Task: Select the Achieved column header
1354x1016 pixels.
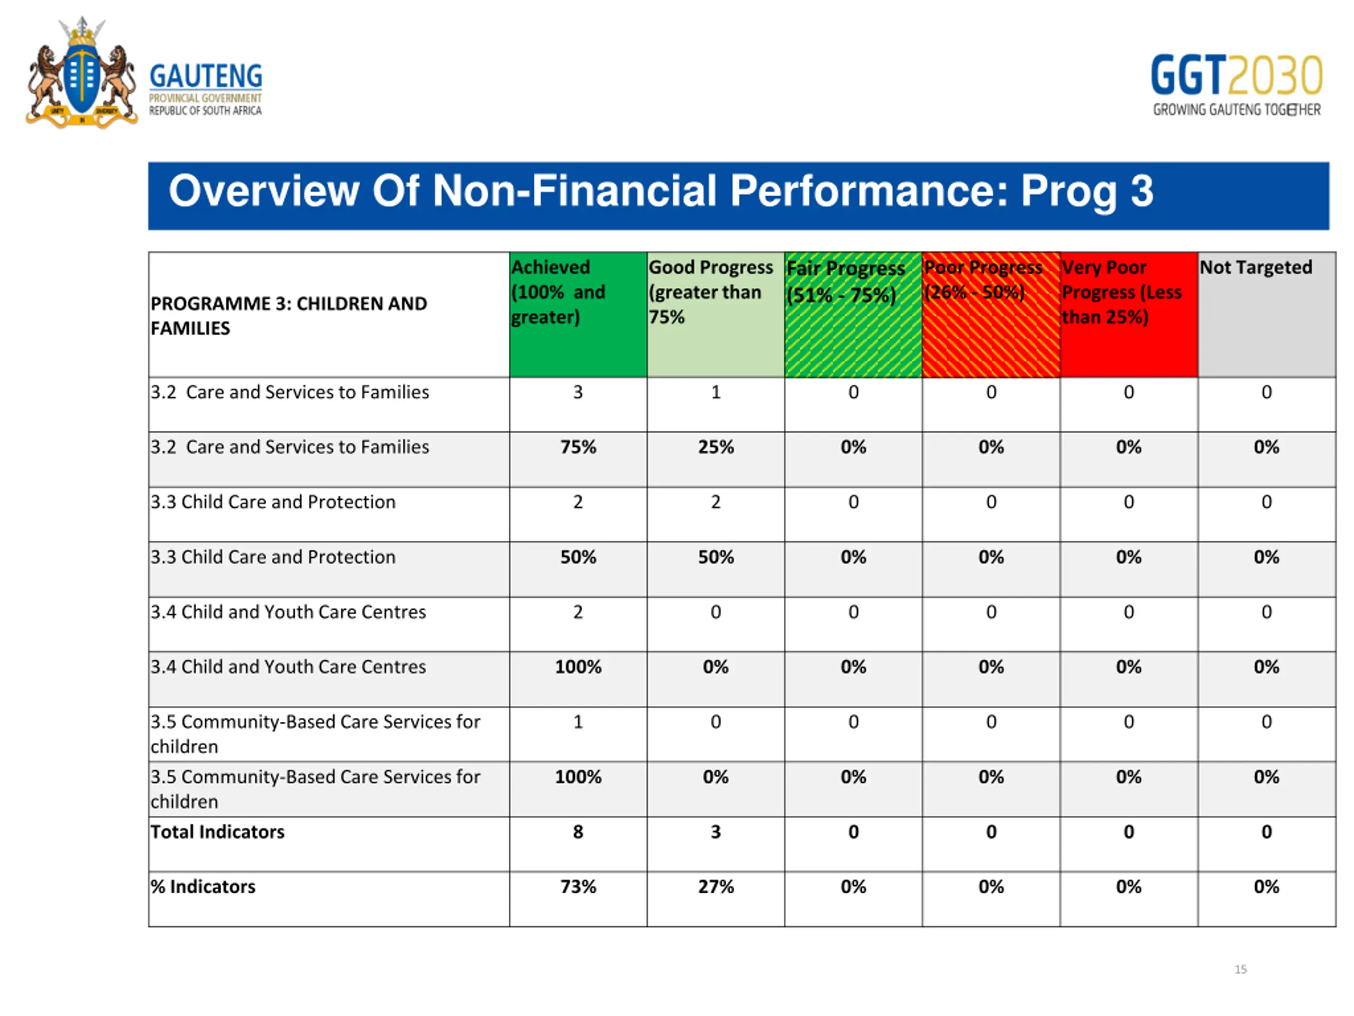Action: point(578,314)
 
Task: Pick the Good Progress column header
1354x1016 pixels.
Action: point(716,314)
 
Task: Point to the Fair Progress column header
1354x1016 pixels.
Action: point(853,314)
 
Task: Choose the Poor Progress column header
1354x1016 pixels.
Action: point(991,314)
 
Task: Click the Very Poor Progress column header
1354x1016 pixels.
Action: point(1129,314)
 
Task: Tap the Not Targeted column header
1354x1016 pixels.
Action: point(1267,314)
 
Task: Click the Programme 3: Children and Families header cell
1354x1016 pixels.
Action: point(328,314)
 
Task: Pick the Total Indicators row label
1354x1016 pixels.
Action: point(217,832)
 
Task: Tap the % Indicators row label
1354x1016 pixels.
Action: point(203,887)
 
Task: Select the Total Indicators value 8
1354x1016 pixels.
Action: point(578,832)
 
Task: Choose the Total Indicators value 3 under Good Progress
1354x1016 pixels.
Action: point(716,832)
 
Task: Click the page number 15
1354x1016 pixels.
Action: point(1240,969)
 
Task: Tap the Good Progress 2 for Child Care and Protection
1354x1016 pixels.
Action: point(716,502)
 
